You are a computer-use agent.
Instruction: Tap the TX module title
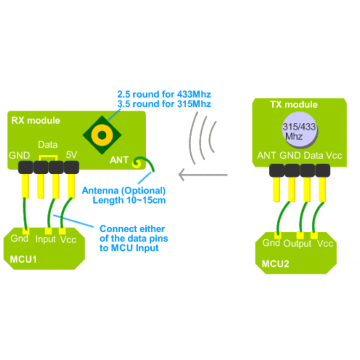(293, 105)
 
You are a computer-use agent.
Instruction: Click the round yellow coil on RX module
(103, 134)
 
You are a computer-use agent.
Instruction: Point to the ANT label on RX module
(119, 160)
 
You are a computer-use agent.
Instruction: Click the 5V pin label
(72, 155)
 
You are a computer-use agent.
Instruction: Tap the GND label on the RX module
(19, 156)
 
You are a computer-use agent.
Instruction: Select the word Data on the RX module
(47, 145)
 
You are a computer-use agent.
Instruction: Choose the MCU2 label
(275, 263)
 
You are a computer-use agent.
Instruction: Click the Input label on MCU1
(45, 239)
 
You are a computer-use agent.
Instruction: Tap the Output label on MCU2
(297, 243)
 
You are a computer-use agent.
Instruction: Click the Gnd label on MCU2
(271, 243)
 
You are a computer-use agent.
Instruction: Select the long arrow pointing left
(203, 173)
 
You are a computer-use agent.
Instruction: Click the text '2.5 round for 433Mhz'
(164, 94)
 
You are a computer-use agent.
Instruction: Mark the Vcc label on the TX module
(333, 156)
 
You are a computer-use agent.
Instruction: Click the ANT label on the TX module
(266, 156)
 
